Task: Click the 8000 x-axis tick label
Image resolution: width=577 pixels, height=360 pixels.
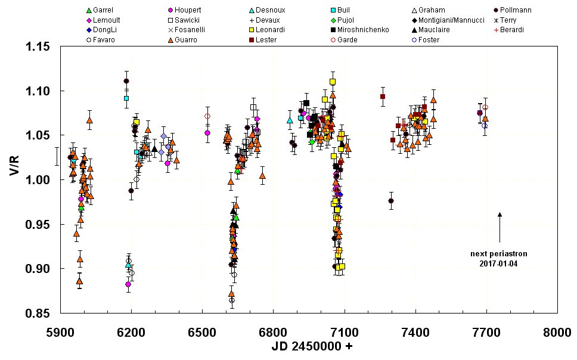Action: [557, 333]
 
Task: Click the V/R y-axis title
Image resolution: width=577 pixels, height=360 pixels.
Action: [13, 180]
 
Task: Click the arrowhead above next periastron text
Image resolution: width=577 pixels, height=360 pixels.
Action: [500, 214]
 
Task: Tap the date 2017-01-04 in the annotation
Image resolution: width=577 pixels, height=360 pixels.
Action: [500, 263]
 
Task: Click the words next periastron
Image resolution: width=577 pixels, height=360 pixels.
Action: [500, 254]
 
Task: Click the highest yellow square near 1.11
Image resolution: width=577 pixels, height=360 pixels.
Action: [333, 82]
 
